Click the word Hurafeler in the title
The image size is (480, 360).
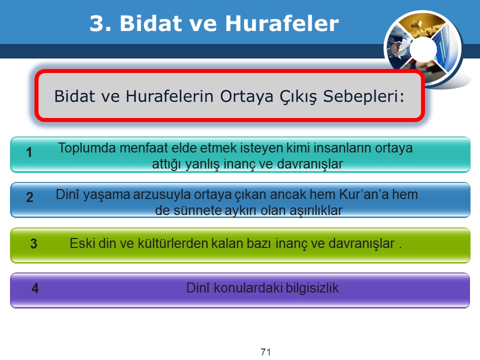[x=282, y=23]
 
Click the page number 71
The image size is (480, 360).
[x=265, y=351]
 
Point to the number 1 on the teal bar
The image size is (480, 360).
[x=29, y=152]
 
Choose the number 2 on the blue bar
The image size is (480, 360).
[x=29, y=197]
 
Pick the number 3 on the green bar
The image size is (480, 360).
[x=33, y=243]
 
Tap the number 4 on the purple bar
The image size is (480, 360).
[x=35, y=288]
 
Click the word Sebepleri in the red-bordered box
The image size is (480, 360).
[x=363, y=96]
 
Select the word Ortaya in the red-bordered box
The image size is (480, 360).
[x=246, y=96]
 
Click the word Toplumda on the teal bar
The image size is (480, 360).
[x=86, y=148]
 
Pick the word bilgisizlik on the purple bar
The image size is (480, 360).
[x=312, y=288]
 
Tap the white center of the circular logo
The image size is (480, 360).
[x=423, y=49]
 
